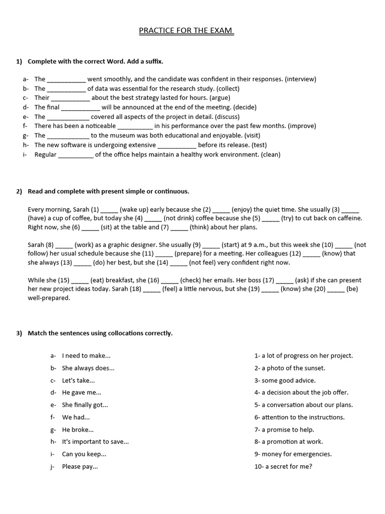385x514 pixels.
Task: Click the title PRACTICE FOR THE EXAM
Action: pyautogui.click(x=186, y=31)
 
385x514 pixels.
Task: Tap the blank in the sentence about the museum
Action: pyautogui.click(x=69, y=136)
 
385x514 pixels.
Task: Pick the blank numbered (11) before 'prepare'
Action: pyautogui.click(x=164, y=254)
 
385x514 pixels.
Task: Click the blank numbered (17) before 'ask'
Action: pyautogui.click(x=284, y=281)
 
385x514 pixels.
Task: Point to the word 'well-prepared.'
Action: pyautogui.click(x=49, y=298)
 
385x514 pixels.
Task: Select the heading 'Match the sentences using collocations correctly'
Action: pyautogui.click(x=100, y=333)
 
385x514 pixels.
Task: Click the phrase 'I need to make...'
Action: pyautogui.click(x=86, y=356)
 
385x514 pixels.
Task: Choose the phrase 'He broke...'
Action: pyautogui.click(x=78, y=430)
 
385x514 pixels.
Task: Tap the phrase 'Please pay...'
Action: pyautogui.click(x=80, y=467)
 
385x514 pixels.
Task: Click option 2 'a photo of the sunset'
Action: pyautogui.click(x=290, y=368)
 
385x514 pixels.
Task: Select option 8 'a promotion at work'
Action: pyautogui.click(x=289, y=442)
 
